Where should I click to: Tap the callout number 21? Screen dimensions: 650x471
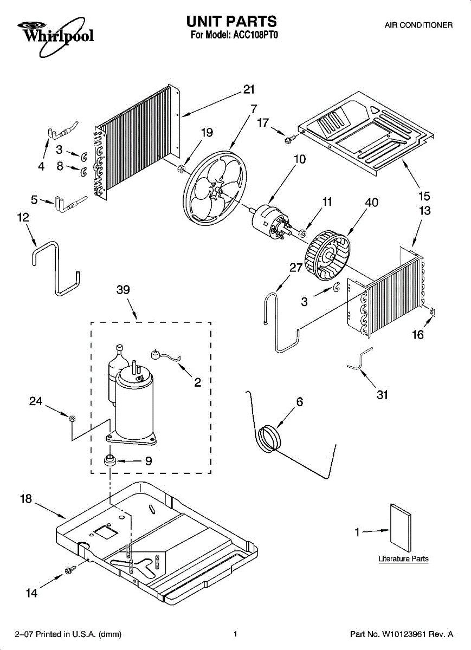249,90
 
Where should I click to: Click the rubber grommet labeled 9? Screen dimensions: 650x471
111,461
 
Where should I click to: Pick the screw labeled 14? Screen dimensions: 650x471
69,570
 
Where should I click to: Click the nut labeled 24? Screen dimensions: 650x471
71,417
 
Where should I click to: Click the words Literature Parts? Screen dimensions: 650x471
403,559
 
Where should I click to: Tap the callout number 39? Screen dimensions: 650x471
123,290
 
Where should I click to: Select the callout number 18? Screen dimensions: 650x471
26,499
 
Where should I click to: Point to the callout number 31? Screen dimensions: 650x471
382,395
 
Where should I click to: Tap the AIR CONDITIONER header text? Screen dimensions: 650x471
418,25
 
